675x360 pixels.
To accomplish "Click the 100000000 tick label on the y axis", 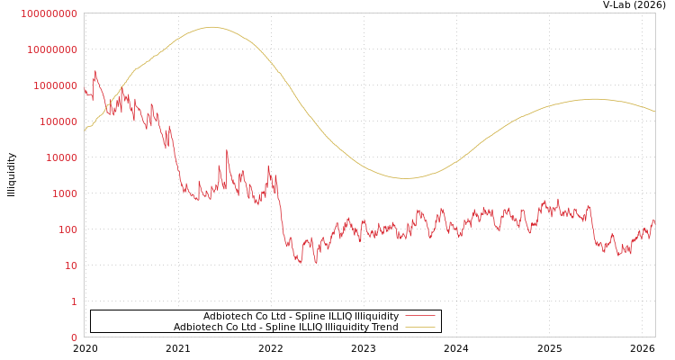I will (49, 13).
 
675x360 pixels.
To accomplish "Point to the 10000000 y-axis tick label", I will (51, 49).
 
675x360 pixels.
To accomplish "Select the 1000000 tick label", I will (55, 85).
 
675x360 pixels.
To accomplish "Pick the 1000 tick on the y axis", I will (65, 193).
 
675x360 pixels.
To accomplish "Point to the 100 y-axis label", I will (67, 229).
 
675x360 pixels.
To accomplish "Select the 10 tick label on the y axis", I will (70, 265).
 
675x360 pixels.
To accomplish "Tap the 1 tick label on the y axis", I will (74, 301).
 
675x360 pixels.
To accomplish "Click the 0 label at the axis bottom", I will (74, 337).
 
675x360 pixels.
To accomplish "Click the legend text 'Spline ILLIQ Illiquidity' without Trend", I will (301, 316).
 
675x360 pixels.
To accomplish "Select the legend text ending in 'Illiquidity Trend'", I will (286, 327).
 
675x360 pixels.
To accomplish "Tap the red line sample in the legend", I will (420, 316).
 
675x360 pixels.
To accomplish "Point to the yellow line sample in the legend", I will (420, 327).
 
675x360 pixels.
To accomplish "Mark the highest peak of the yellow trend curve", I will (212, 27).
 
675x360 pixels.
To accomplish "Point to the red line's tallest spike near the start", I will (95, 71).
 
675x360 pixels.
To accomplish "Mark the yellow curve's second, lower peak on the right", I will (594, 99).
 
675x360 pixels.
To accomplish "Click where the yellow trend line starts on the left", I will (85, 131).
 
